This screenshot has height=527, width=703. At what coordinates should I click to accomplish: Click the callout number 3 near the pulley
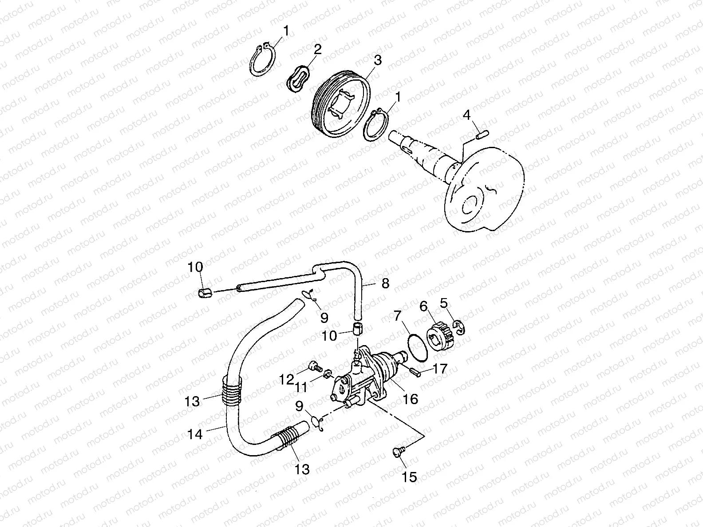tap(377, 61)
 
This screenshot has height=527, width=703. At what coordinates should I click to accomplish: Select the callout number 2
tap(317, 49)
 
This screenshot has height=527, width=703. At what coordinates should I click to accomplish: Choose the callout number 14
tap(195, 434)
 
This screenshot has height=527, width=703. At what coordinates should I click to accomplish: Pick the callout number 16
tap(411, 398)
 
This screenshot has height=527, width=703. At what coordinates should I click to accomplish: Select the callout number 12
tap(287, 379)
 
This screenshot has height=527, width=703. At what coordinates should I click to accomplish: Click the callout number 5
tap(443, 303)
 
